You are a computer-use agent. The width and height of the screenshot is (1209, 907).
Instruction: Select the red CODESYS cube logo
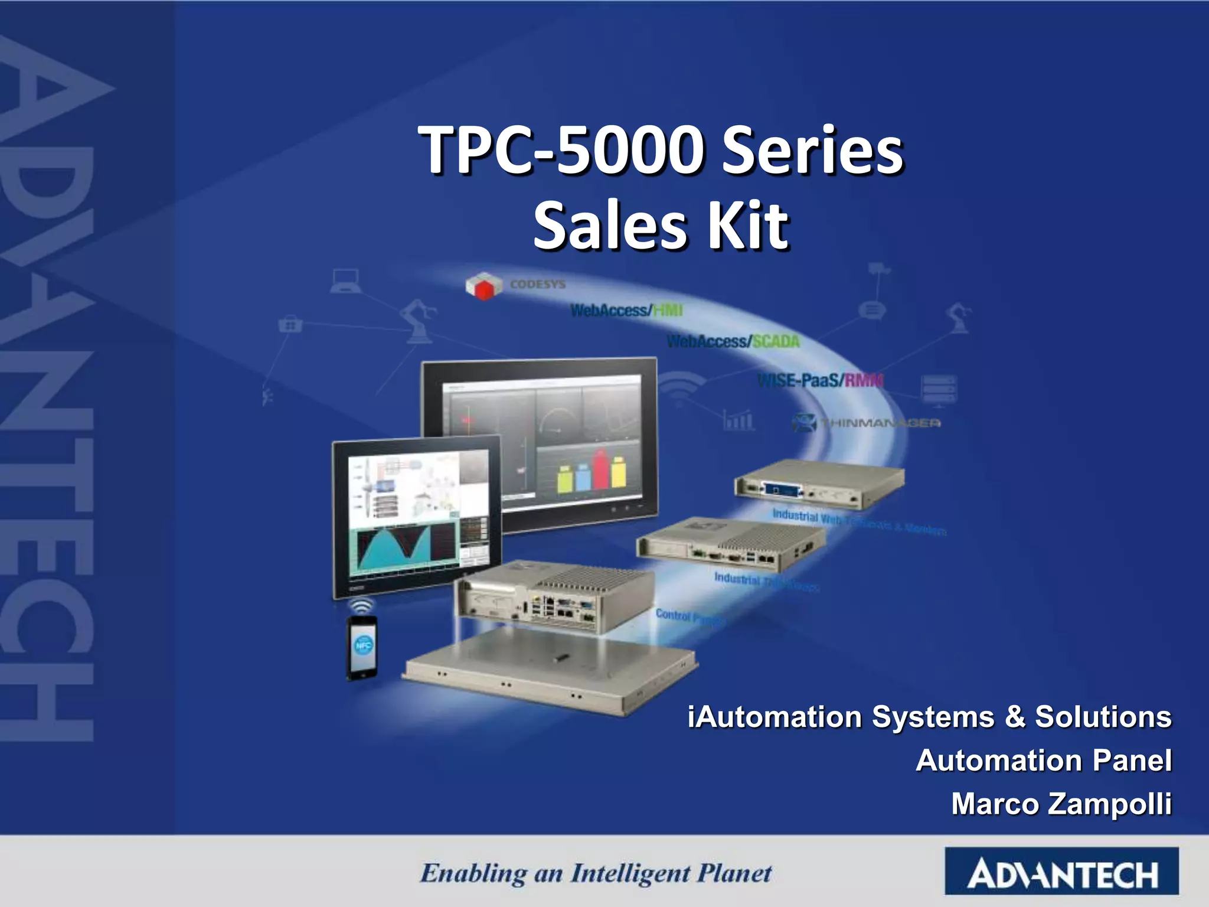click(x=484, y=286)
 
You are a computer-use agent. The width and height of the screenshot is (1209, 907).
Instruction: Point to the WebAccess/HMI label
click(x=626, y=311)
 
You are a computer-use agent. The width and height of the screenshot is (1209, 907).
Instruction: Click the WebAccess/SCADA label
click(x=733, y=341)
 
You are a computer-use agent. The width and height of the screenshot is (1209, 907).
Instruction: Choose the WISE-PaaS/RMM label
click(x=821, y=380)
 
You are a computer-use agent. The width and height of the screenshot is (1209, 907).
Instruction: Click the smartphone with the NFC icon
click(x=362, y=647)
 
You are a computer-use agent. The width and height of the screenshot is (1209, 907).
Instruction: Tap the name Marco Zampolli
click(x=1061, y=804)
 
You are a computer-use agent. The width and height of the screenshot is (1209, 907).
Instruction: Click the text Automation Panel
click(x=1043, y=761)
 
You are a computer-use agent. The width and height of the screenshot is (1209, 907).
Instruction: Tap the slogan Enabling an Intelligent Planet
click(x=596, y=873)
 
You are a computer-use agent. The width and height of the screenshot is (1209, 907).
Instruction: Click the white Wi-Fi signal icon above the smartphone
click(x=361, y=606)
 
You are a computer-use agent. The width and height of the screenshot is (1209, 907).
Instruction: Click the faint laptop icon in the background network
click(x=346, y=281)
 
